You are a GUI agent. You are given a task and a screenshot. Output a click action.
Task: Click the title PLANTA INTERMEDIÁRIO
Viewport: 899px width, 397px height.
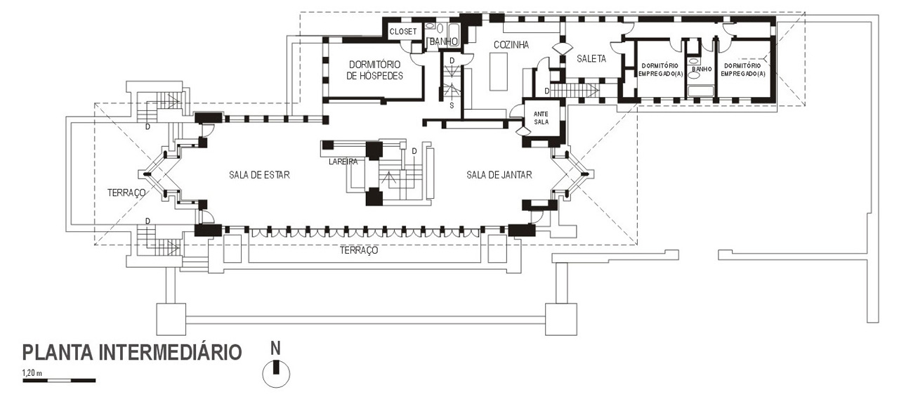point(132,352)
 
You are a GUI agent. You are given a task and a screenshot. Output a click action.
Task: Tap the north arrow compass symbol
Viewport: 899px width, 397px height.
point(276,372)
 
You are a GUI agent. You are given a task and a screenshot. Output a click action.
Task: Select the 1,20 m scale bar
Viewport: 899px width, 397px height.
point(59,380)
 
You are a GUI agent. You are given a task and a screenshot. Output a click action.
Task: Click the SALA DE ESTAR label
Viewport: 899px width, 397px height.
point(259,175)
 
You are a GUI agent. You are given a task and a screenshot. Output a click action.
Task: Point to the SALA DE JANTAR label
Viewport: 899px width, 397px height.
point(499,175)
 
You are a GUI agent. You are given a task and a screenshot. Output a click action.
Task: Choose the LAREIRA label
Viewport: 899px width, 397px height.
point(343,162)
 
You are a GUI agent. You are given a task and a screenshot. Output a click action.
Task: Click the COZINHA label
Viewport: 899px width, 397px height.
point(511,45)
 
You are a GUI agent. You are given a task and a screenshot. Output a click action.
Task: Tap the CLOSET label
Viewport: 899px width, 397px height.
point(403,32)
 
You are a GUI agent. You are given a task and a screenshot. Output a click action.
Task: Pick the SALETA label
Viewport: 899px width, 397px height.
point(591,59)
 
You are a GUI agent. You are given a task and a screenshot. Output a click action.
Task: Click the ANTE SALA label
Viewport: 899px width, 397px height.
point(541,117)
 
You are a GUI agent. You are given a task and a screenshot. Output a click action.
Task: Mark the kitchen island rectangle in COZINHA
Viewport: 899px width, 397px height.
point(498,72)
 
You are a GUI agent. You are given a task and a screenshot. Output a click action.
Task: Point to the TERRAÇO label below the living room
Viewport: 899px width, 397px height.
point(359,250)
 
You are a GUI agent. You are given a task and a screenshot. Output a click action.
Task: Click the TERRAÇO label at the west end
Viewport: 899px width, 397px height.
point(126,192)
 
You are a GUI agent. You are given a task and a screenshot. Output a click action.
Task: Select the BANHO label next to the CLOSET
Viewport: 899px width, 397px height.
point(444,42)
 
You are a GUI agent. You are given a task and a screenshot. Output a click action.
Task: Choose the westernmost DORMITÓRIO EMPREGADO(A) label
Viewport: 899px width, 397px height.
point(661,69)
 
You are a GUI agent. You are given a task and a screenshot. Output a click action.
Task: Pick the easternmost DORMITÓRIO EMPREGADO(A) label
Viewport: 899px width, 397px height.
point(743,69)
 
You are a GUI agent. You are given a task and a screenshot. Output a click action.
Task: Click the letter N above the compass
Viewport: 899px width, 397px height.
point(276,346)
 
